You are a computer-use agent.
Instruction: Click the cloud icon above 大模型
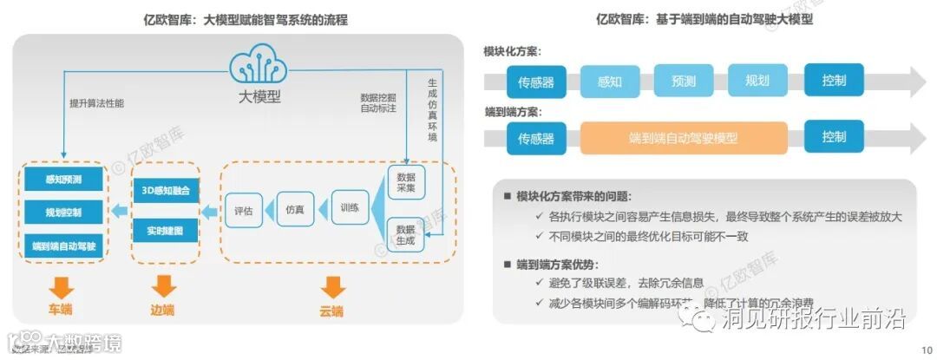259,66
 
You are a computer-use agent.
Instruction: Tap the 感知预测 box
63,180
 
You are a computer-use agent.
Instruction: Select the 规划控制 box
63,213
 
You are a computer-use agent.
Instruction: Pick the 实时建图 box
165,230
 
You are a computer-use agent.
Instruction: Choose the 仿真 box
295,209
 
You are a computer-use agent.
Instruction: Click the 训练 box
350,208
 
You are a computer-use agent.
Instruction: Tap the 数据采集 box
405,180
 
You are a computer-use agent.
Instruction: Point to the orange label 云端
331,311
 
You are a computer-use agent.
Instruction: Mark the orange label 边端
162,310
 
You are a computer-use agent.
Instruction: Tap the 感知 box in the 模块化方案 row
610,82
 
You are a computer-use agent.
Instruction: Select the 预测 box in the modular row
684,82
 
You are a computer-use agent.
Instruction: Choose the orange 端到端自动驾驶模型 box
685,138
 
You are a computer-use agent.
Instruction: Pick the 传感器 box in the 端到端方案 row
536,138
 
